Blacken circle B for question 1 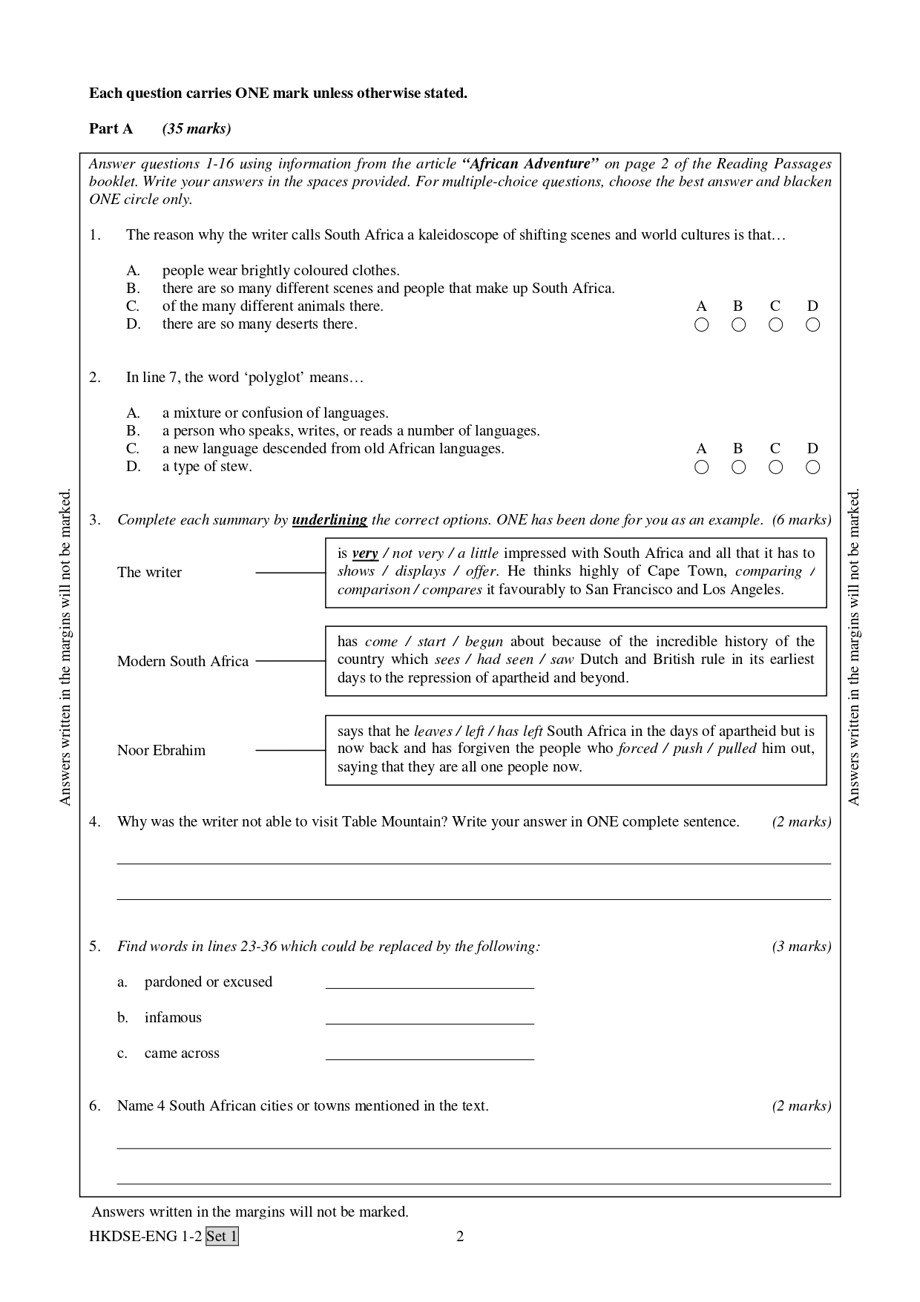click(x=738, y=324)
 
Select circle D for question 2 click(x=812, y=467)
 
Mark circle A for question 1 click(x=701, y=324)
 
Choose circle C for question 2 click(x=775, y=467)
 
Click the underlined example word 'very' click(x=365, y=553)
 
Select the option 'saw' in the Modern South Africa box click(x=562, y=660)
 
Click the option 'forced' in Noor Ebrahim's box click(x=637, y=749)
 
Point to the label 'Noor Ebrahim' click(x=161, y=750)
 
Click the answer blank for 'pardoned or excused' click(x=430, y=982)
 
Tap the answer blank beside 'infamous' click(x=430, y=1018)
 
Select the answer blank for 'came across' click(x=430, y=1053)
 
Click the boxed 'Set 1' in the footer click(x=222, y=1236)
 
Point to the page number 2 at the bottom click(x=460, y=1236)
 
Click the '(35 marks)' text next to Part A click(x=197, y=129)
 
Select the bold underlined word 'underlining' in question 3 click(x=329, y=520)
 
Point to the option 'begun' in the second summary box click(x=484, y=642)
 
